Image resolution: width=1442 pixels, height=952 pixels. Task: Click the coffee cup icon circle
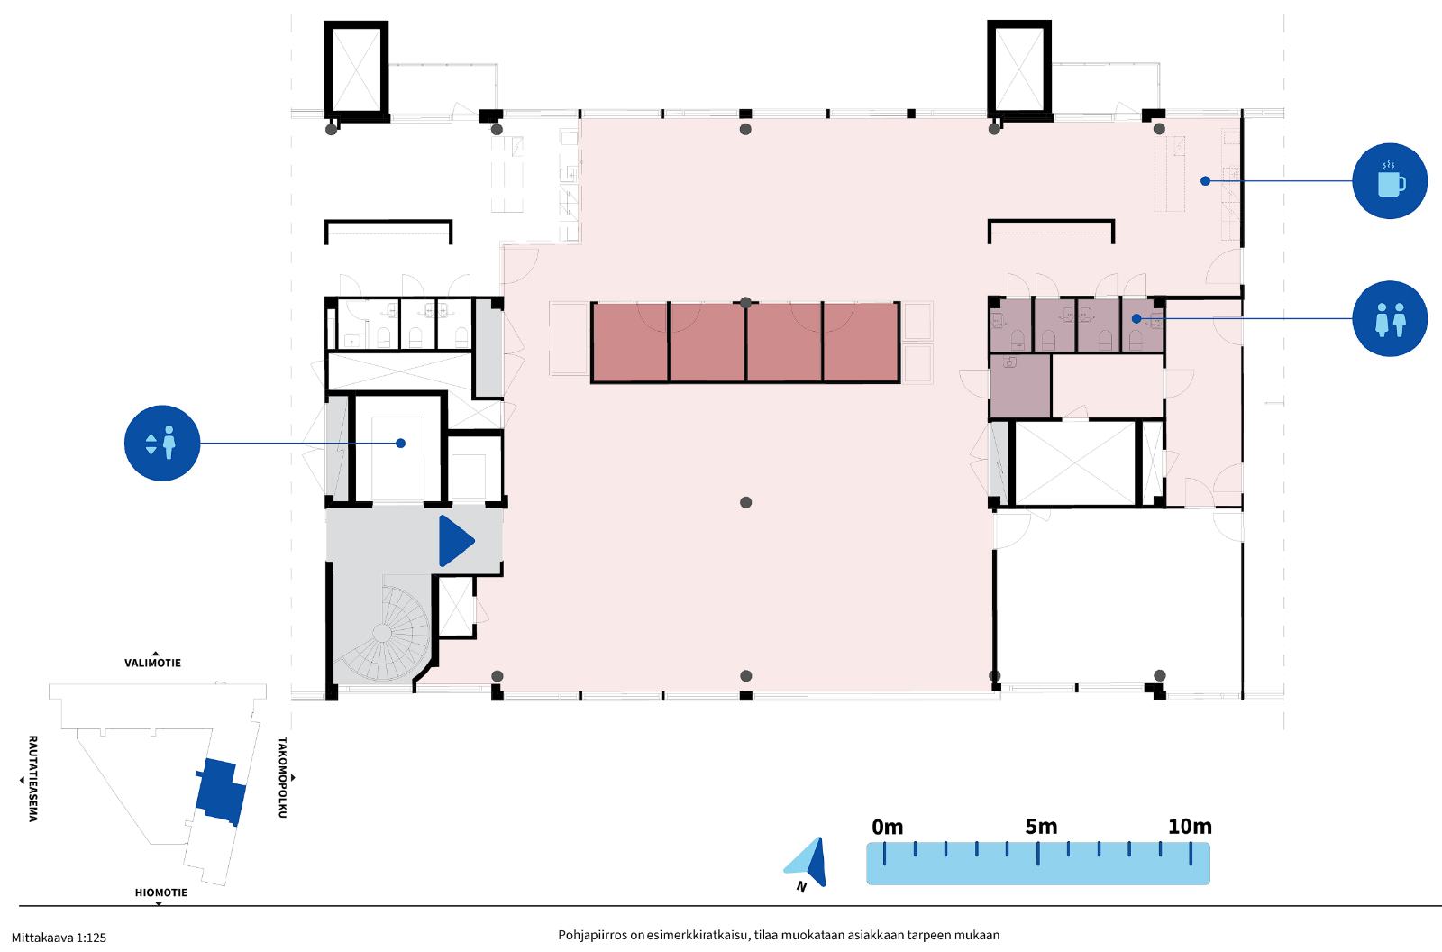click(1389, 181)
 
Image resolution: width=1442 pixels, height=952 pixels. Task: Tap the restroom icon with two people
click(1389, 318)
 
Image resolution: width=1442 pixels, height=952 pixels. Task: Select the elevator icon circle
click(162, 444)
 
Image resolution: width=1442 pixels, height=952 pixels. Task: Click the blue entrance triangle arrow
click(456, 541)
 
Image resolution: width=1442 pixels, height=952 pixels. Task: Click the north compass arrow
click(808, 861)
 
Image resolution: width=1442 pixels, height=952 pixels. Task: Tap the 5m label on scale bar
click(1041, 827)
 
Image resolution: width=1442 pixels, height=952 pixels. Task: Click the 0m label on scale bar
click(887, 827)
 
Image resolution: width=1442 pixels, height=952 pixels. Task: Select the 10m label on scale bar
click(1190, 827)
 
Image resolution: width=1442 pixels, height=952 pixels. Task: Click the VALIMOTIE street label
click(152, 663)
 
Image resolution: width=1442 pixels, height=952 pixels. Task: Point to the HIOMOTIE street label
click(161, 892)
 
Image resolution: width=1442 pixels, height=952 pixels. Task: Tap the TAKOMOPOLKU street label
click(282, 777)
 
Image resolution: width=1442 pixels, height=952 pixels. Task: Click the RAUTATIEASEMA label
click(32, 779)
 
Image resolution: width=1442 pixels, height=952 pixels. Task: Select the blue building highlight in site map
click(221, 792)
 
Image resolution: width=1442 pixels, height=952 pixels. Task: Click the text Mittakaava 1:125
click(59, 938)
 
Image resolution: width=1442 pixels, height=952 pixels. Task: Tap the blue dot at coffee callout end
click(1205, 181)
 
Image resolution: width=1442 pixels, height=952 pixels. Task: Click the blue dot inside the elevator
click(400, 444)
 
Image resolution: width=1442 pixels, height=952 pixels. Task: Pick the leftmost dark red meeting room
click(630, 343)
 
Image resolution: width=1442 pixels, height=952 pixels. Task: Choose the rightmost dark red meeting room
click(861, 343)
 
